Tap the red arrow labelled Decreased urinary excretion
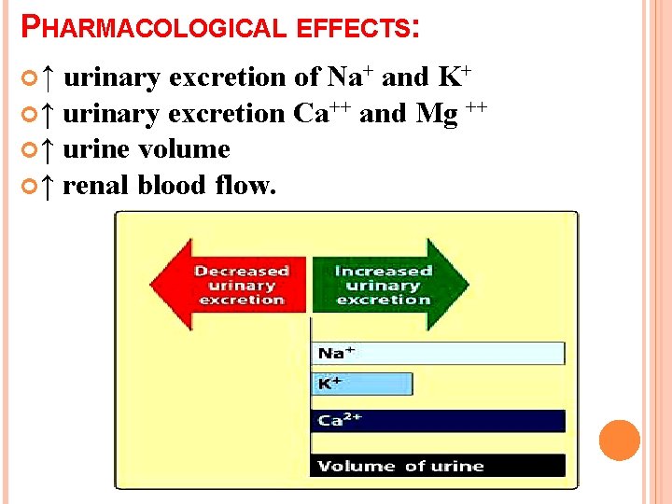pos(230,285)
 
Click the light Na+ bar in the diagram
pos(439,353)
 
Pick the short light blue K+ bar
pos(363,385)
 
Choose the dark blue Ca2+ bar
pos(439,421)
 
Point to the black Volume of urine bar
pos(439,466)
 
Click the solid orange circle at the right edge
pos(620,441)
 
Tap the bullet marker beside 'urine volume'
pos(27,149)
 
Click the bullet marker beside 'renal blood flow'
pos(27,186)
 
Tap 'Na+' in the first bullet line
pos(350,77)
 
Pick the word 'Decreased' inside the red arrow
pos(242,271)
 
